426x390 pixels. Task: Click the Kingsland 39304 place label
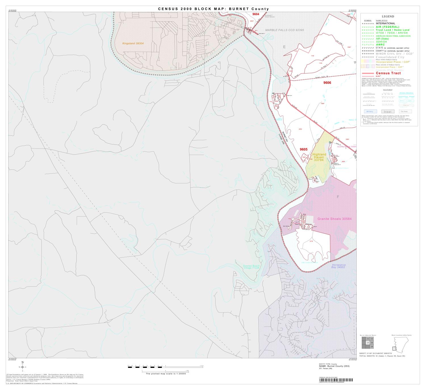[133, 43]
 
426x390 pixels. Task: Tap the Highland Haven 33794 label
[319, 157]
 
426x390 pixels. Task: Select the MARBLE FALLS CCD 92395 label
[285, 30]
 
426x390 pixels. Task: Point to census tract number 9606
[327, 83]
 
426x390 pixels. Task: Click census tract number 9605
[304, 149]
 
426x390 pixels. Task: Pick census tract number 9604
[256, 14]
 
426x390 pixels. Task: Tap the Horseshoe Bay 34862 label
[338, 266]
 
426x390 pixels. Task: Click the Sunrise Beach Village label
[251, 267]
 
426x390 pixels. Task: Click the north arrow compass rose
[22, 367]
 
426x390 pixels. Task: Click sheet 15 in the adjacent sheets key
[367, 343]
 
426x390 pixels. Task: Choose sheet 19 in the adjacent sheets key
[371, 347]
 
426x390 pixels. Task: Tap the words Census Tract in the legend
[388, 73]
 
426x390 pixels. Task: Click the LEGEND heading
[388, 16]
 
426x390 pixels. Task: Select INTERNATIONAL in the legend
[385, 24]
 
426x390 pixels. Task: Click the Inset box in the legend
[387, 112]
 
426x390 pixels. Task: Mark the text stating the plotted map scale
[166, 374]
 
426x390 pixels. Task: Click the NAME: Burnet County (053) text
[334, 366]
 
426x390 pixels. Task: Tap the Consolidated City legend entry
[390, 57]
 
